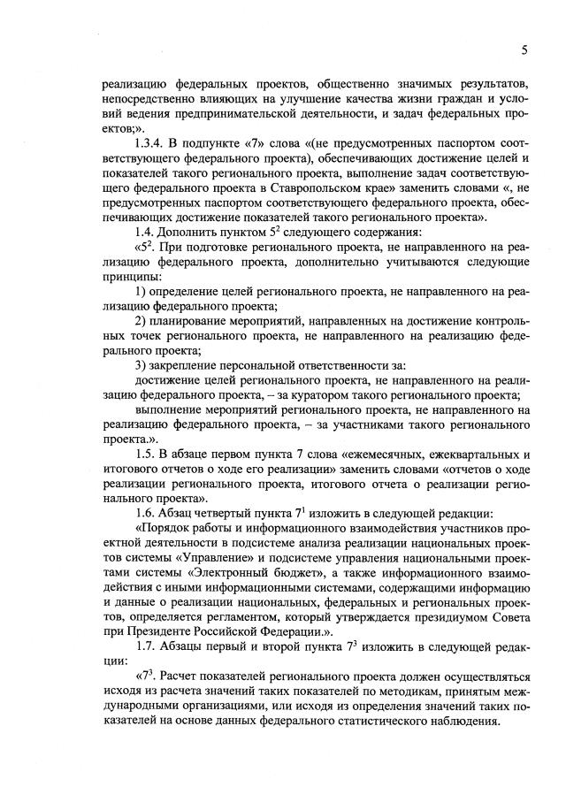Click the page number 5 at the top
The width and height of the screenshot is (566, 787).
pos(524,50)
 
